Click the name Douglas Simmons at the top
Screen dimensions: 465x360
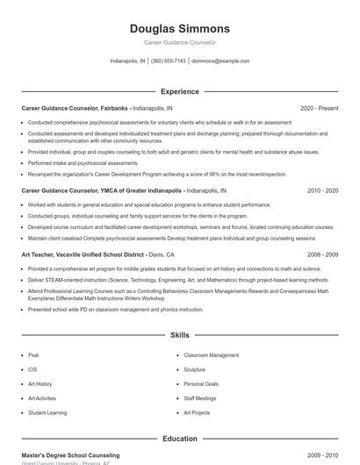point(179,28)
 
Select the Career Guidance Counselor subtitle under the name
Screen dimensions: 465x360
point(179,42)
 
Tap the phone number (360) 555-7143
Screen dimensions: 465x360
point(169,61)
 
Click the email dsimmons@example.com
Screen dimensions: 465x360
point(220,61)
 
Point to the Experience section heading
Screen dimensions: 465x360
point(179,91)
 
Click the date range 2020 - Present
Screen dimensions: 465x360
point(319,108)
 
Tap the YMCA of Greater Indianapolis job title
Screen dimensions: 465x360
point(102,190)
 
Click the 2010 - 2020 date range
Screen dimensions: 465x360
point(322,190)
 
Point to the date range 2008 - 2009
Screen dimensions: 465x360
point(322,254)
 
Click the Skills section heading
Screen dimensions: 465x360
point(179,335)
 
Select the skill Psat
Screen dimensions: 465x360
point(33,355)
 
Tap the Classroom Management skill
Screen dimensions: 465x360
point(211,355)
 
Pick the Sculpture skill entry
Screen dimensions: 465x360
point(194,369)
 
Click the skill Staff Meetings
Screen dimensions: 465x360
point(199,398)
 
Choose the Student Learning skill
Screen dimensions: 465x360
point(47,412)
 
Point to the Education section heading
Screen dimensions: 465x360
point(179,439)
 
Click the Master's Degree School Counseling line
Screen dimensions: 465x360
point(70,455)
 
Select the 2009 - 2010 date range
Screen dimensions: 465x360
point(322,455)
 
